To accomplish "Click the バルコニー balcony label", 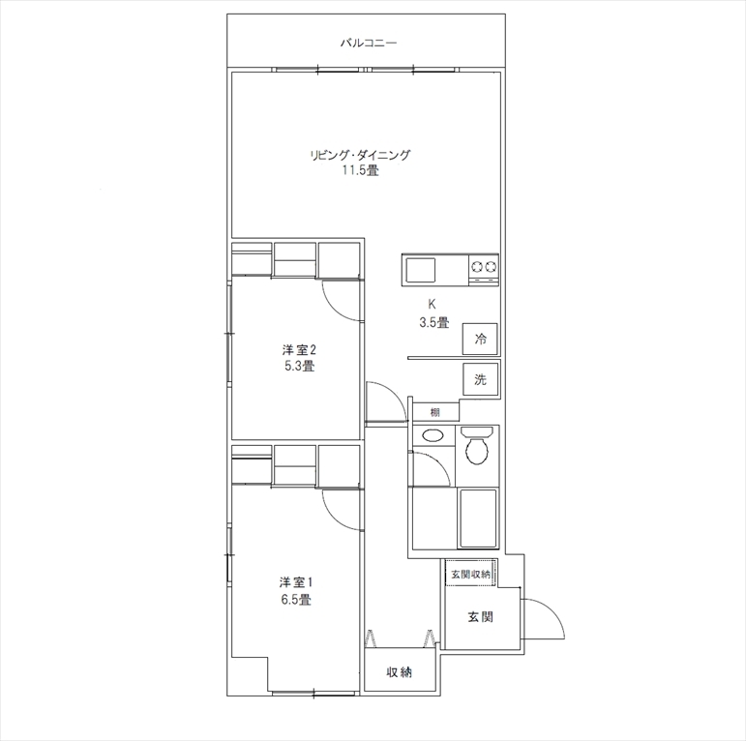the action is (369, 44).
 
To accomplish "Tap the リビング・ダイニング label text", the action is (360, 155).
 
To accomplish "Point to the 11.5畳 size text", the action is (361, 170).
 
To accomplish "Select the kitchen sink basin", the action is (420, 271).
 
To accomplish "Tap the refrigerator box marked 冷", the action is (480, 340).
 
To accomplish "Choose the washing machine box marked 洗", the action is (480, 379).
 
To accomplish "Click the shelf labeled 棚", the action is (435, 412).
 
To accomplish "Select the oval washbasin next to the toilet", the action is (433, 434).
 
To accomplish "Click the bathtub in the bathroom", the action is (477, 518).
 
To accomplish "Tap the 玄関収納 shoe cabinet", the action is (470, 574).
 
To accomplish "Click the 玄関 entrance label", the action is (481, 617).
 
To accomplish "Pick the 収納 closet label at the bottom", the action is (399, 672).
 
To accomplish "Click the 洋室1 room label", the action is (295, 582).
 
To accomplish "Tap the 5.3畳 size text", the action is (299, 366).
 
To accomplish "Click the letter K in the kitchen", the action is (432, 305).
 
